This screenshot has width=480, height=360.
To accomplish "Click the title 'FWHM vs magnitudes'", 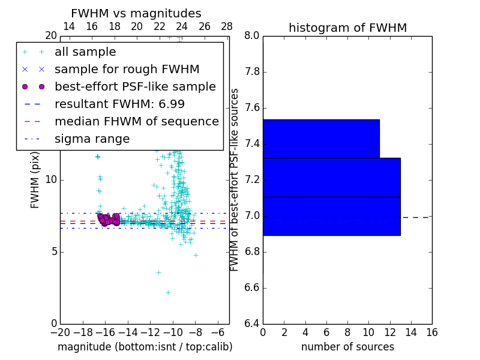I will [136, 14].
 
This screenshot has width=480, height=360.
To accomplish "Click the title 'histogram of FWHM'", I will [347, 28].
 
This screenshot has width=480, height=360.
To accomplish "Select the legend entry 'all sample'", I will [85, 52].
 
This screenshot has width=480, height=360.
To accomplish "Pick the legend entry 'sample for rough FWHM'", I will [127, 70].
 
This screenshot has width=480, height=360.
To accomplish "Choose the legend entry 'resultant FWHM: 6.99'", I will [119, 104].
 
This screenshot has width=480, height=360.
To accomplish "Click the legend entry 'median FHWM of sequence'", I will [136, 122].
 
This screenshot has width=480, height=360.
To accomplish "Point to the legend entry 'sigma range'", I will [92, 139].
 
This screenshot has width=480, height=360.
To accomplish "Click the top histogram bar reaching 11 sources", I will [321, 139].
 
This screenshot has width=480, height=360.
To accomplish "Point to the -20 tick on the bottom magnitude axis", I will [60, 332].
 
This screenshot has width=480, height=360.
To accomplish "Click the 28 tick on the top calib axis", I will [227, 26].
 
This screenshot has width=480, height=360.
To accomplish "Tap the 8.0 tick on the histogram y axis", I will [253, 36].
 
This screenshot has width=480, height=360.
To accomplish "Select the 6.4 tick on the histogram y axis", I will [253, 323].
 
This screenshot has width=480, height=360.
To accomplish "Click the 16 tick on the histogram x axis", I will [431, 332].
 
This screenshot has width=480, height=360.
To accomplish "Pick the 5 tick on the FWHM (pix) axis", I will [53, 251].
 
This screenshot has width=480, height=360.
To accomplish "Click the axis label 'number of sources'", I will [347, 347].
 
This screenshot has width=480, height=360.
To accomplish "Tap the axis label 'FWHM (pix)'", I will [35, 179].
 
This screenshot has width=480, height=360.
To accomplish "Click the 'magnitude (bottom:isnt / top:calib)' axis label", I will [145, 347].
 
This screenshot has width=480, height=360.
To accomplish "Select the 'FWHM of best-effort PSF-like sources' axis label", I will [235, 179].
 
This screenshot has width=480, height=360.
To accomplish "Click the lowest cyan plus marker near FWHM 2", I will [168, 292].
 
